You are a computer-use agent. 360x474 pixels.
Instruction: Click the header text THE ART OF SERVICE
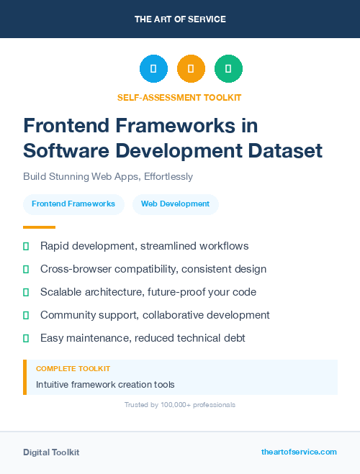pos(180,19)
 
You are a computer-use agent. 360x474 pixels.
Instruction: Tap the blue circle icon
pos(153,69)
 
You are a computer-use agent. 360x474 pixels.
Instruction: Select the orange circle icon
pos(191,69)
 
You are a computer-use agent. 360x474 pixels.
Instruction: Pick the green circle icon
pos(228,69)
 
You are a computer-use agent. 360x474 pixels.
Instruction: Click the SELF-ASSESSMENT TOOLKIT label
pos(180,97)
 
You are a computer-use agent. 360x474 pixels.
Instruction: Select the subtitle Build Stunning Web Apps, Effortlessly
pos(108,176)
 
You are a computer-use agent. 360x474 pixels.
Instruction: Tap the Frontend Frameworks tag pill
pos(73,204)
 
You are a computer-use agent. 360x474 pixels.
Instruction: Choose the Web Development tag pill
pos(175,204)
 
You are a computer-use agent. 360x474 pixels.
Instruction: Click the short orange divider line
pos(39,227)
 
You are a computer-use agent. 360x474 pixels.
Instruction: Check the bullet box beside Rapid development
pos(26,246)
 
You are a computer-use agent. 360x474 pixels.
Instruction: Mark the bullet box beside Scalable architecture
pos(26,292)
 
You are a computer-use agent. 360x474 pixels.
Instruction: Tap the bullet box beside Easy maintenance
pos(26,338)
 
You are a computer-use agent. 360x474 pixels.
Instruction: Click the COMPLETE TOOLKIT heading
pos(73,368)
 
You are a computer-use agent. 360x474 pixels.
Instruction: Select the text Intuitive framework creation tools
pos(105,385)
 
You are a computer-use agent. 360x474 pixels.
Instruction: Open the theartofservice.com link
pos(299,452)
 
